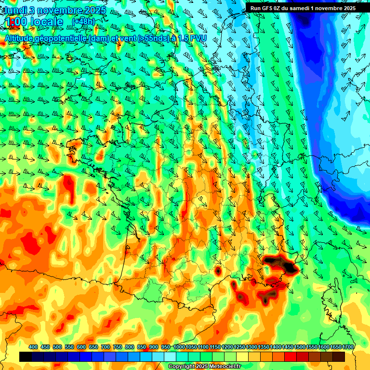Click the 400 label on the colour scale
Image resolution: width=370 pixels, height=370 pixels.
point(33,347)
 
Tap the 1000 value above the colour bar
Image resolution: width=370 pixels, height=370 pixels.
point(179,347)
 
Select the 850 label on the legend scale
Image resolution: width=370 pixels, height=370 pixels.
point(142,347)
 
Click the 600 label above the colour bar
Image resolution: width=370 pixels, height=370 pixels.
point(81,347)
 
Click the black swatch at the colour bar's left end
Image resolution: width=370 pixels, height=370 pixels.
point(26,357)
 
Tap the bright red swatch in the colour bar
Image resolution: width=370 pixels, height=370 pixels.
point(291,357)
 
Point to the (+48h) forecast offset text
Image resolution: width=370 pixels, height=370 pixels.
point(83,22)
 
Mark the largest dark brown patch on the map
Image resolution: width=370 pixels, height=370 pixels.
point(282,264)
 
